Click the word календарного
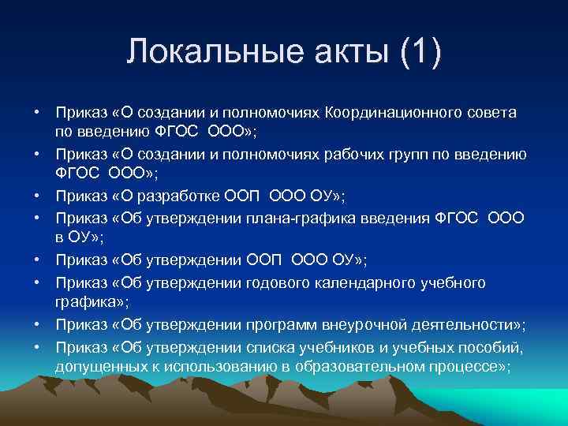375,282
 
